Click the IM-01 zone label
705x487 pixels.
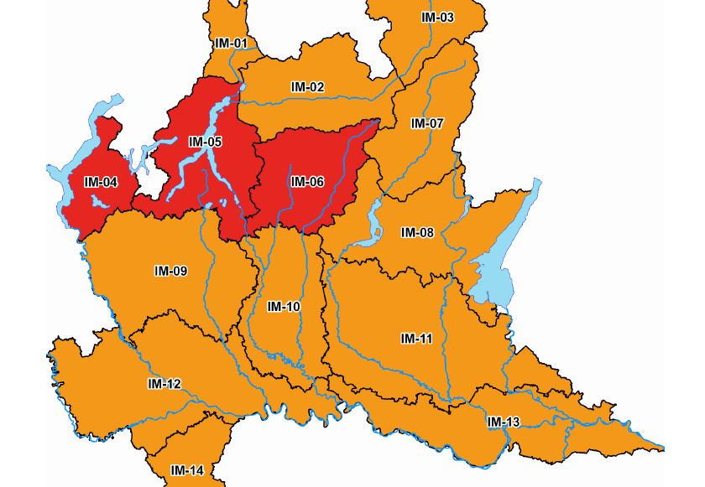231,43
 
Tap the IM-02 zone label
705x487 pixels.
307,87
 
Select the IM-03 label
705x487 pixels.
437,18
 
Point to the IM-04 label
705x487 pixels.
101,182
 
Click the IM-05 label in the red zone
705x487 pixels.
205,142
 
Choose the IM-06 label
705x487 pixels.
307,181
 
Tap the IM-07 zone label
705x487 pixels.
426,123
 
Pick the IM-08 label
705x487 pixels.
416,232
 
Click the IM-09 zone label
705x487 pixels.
170,271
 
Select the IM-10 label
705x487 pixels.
284,307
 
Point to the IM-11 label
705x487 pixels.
416,339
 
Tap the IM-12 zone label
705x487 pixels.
164,384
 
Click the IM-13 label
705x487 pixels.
503,421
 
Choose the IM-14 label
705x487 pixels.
186,470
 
